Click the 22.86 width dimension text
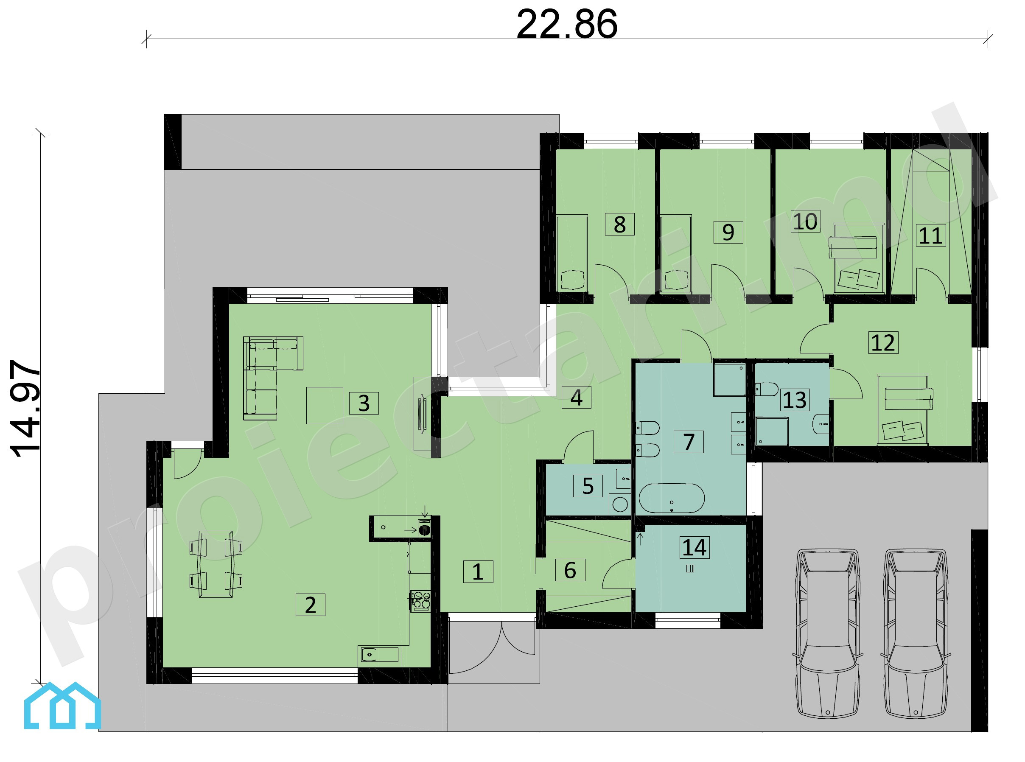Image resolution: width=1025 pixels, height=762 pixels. point(566,24)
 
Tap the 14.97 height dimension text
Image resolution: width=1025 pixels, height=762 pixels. point(25,408)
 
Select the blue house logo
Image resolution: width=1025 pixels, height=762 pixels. point(62,705)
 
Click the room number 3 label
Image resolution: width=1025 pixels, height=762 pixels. point(364,403)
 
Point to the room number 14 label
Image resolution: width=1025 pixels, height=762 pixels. point(694,547)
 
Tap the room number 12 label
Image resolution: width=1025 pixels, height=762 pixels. point(883,342)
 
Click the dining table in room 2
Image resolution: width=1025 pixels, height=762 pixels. point(216,564)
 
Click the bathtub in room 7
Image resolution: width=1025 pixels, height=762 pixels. point(672,498)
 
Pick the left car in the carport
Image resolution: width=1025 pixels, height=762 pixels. point(828,633)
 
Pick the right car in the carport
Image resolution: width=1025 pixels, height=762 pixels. point(916,633)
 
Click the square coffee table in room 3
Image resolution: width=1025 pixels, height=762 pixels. point(325,406)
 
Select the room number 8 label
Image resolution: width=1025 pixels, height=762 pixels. point(619,224)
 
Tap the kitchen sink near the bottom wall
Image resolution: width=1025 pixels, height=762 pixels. point(378,654)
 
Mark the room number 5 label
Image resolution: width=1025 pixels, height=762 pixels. point(588,486)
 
